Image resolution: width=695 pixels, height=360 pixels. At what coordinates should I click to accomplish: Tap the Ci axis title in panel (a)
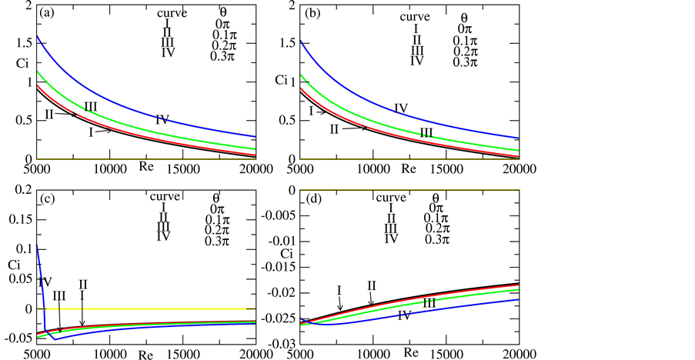22,67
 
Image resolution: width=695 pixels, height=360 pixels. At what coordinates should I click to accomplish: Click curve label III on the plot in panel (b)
426,133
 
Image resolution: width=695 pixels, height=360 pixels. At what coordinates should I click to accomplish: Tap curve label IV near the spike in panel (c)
45,282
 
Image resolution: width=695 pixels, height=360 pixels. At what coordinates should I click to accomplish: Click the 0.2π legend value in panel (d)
436,228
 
